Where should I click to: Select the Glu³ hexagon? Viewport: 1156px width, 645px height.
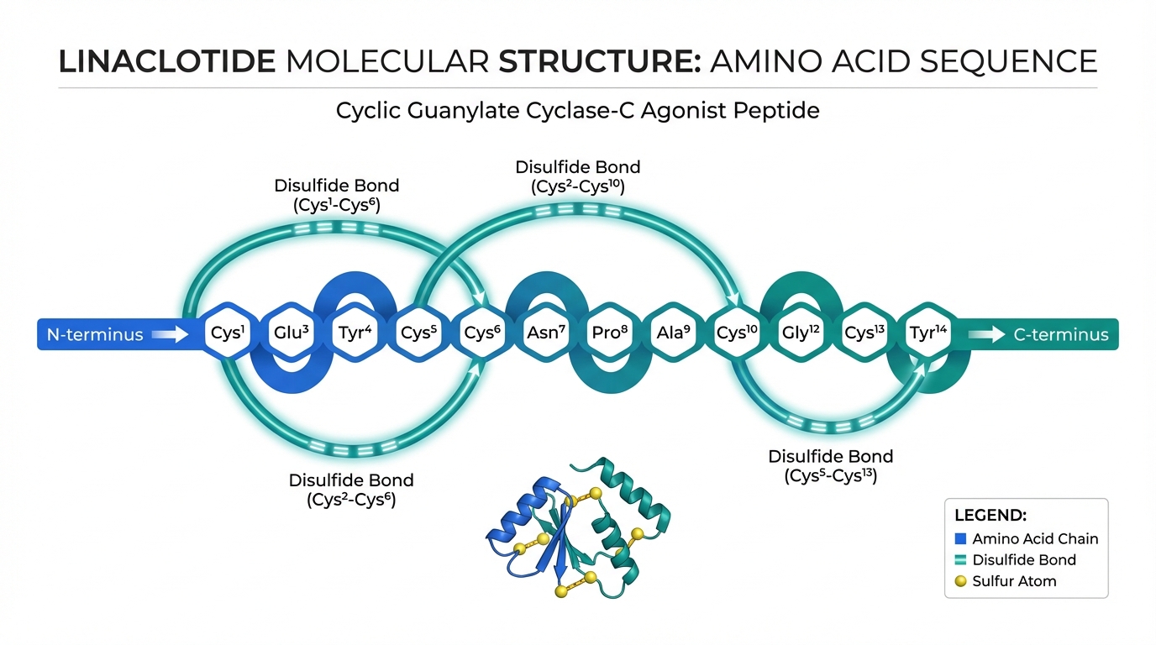pos(291,333)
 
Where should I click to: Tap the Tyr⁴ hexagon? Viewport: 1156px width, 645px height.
pos(354,333)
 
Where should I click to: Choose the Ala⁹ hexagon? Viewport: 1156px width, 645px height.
pos(673,333)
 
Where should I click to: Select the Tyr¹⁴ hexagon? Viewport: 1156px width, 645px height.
pos(927,333)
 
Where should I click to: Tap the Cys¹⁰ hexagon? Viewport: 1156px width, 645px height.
pos(736,333)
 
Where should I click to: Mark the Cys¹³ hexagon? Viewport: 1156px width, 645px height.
pos(864,333)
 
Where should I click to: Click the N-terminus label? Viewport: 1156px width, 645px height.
pos(95,335)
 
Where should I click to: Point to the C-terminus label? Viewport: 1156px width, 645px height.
pos(1061,335)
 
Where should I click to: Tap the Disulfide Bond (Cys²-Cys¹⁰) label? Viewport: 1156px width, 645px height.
pos(577,177)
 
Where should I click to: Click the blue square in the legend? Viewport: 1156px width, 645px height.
pos(961,539)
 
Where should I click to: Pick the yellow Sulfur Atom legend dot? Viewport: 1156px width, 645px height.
pos(961,580)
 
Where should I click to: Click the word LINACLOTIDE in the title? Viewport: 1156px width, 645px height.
pos(166,62)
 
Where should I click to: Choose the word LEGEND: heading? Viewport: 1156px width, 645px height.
pos(990,516)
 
